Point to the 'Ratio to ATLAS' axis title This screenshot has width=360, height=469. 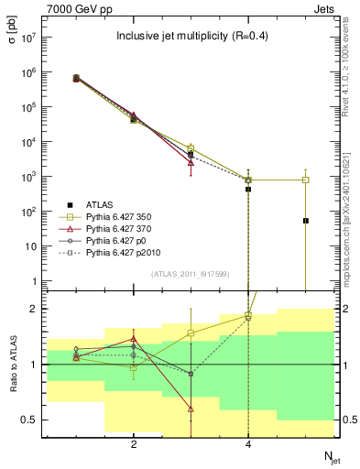13,365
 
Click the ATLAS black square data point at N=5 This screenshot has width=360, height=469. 305,221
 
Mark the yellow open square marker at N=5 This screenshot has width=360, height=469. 305,180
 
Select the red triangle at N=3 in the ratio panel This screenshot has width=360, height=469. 191,409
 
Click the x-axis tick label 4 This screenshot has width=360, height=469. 248,444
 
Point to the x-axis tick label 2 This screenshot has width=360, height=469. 134,444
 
